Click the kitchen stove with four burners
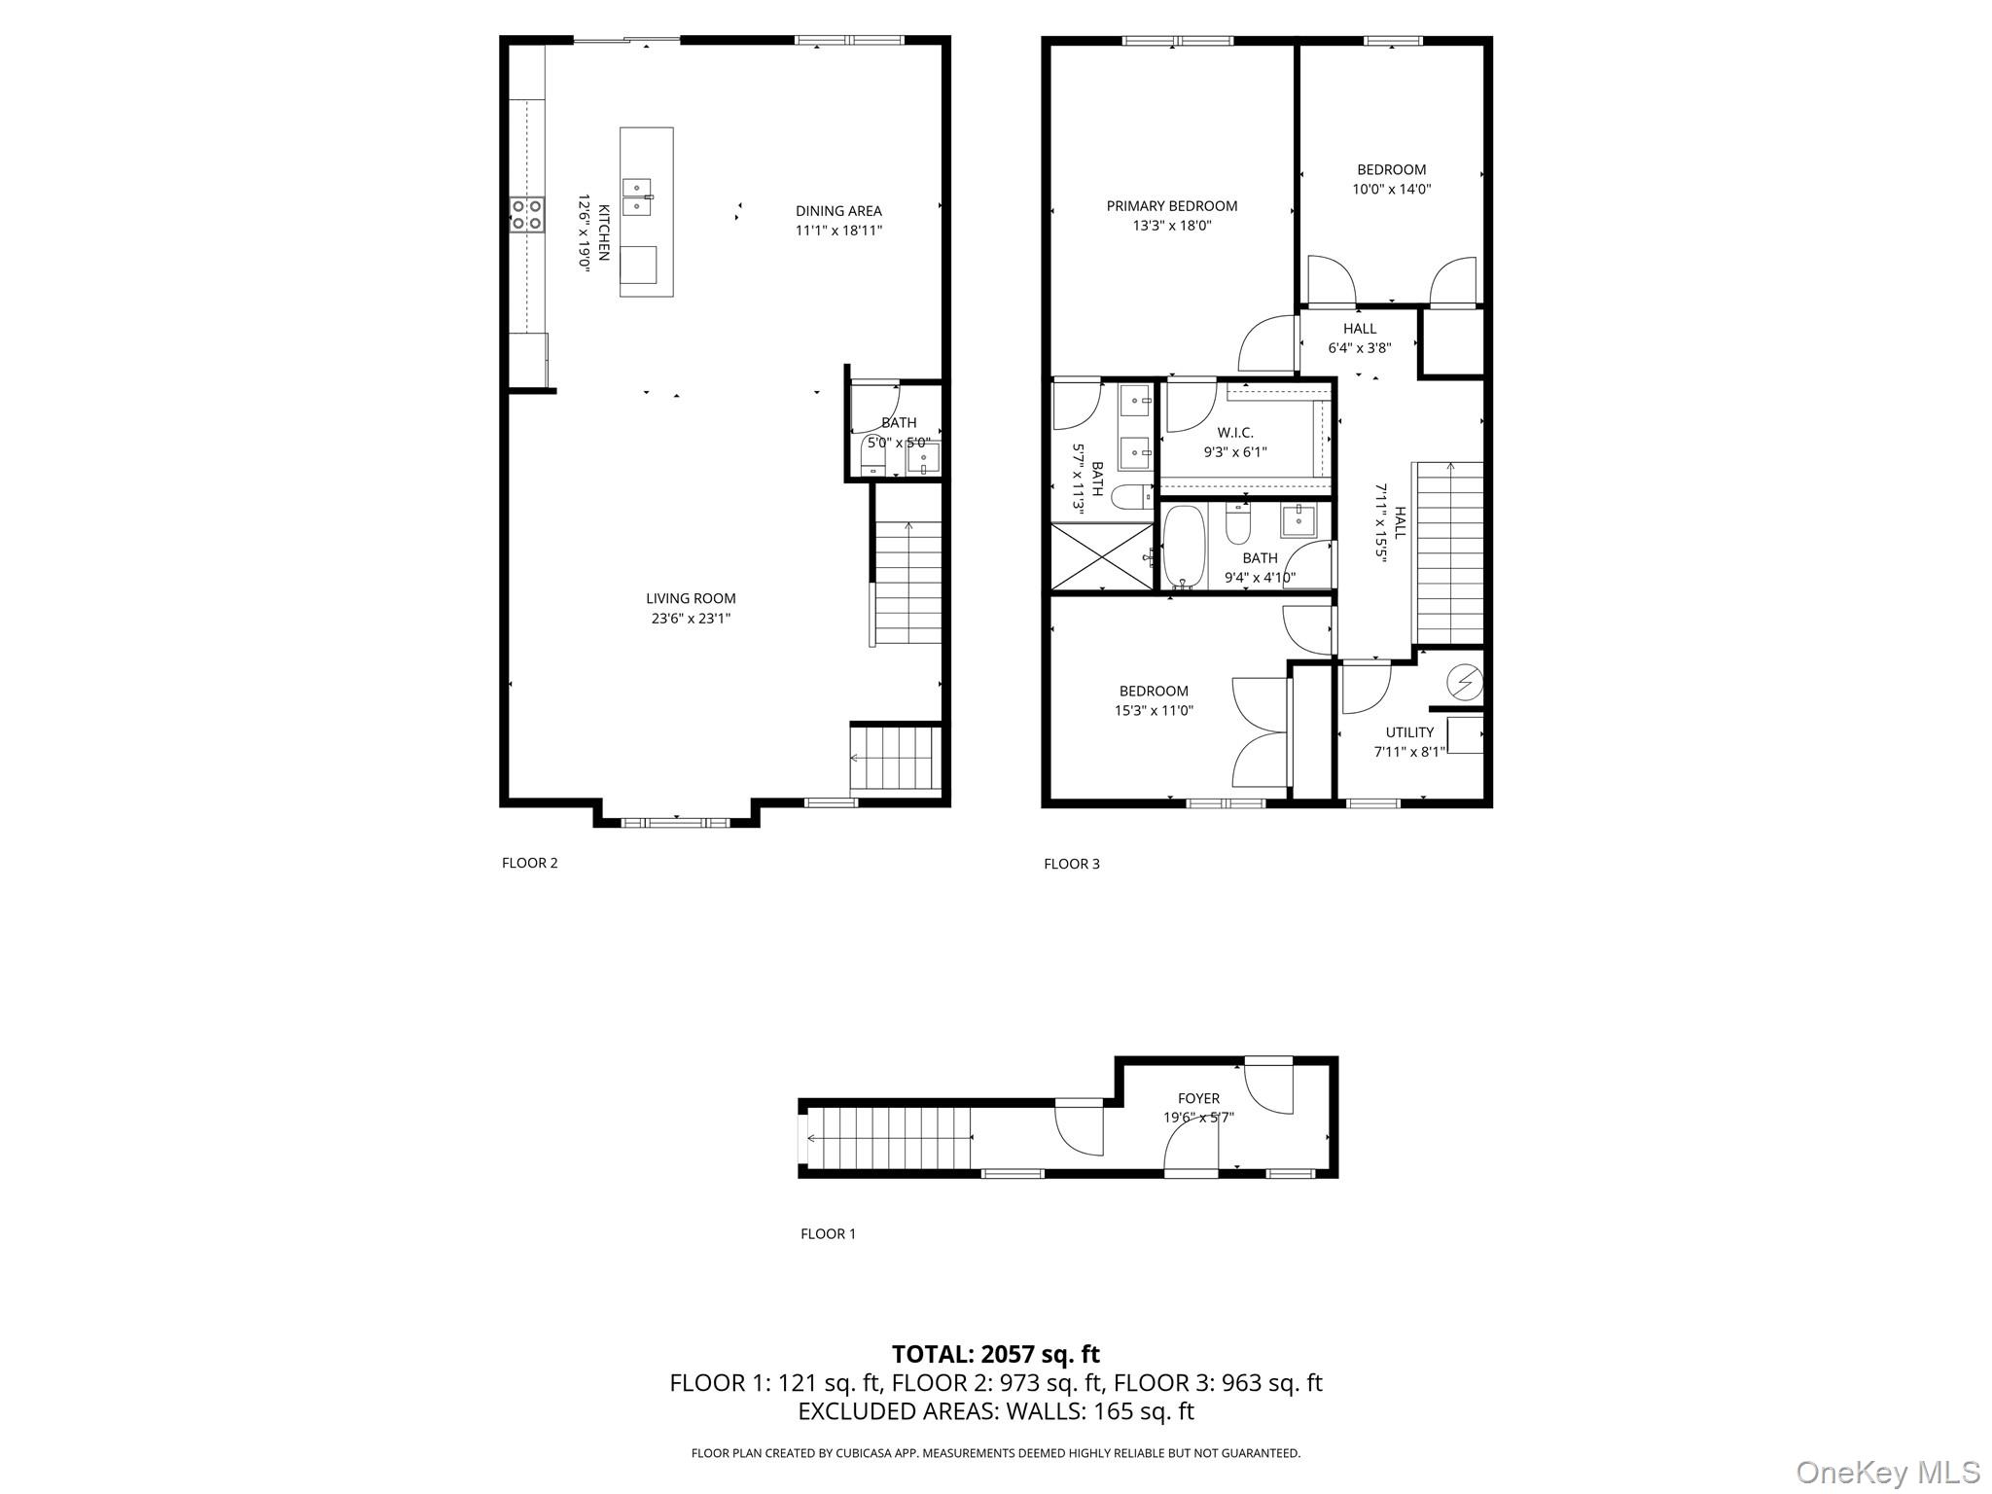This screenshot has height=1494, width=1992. pyautogui.click(x=527, y=214)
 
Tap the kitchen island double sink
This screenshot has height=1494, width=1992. pyautogui.click(x=636, y=196)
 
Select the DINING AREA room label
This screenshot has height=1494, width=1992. pyautogui.click(x=838, y=211)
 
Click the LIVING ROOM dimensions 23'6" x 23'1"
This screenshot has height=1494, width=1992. pyautogui.click(x=691, y=618)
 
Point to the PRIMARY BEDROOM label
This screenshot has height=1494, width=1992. pyautogui.click(x=1171, y=206)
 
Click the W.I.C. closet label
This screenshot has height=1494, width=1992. pyautogui.click(x=1234, y=433)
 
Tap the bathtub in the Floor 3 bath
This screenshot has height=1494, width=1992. pyautogui.click(x=1184, y=548)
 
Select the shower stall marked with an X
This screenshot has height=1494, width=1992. pyautogui.click(x=1101, y=557)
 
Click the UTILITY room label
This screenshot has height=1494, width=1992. pyautogui.click(x=1409, y=732)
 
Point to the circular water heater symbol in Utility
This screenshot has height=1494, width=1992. pyautogui.click(x=1463, y=683)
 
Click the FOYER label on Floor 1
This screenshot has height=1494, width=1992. pyautogui.click(x=1198, y=1098)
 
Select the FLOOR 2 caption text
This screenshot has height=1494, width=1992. pyautogui.click(x=529, y=863)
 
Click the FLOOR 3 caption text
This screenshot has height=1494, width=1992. pyautogui.click(x=1071, y=864)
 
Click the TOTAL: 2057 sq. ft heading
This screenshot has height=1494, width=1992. pyautogui.click(x=995, y=1354)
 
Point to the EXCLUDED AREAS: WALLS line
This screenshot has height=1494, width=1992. pyautogui.click(x=995, y=1410)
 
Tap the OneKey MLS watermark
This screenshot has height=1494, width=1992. pyautogui.click(x=1887, y=1472)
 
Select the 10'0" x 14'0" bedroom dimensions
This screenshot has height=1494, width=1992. pyautogui.click(x=1391, y=190)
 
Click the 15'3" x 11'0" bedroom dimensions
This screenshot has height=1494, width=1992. pyautogui.click(x=1153, y=710)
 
